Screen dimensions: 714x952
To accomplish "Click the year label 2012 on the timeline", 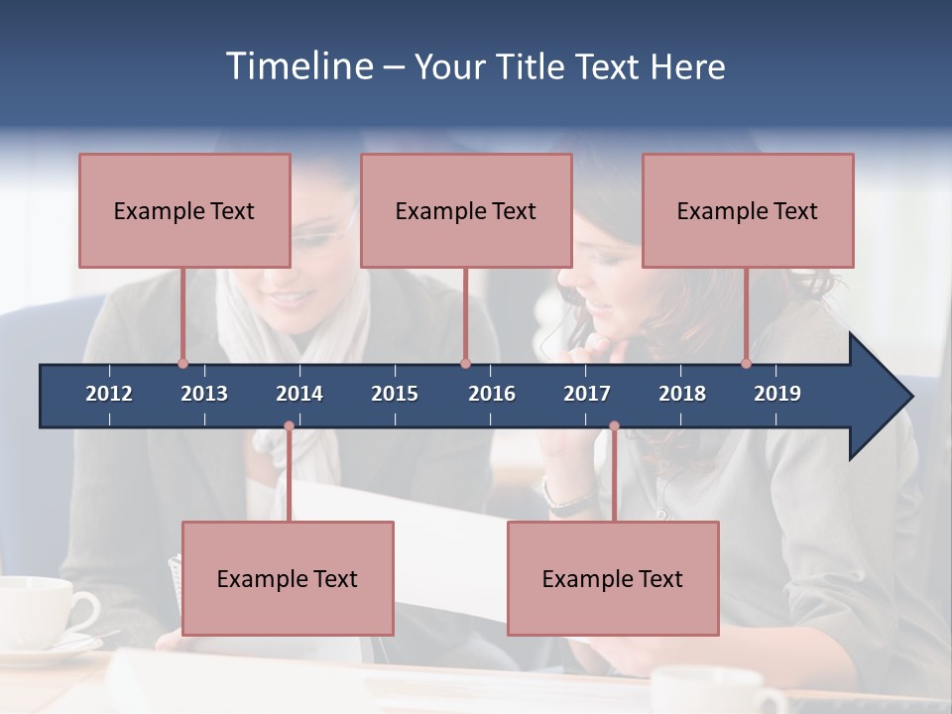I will (109, 394).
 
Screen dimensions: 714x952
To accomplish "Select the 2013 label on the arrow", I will (204, 394).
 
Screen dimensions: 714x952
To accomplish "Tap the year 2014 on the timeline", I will (299, 394).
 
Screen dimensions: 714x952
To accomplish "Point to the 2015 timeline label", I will (395, 394).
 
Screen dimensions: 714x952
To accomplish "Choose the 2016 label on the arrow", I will (492, 394).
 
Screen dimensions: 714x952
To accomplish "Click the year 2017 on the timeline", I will (587, 394).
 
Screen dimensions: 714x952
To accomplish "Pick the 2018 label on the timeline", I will (682, 394).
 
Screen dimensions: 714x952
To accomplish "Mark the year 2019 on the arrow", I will (777, 394).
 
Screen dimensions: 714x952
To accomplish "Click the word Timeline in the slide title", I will (297, 66).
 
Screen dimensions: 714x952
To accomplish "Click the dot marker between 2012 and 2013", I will (182, 363).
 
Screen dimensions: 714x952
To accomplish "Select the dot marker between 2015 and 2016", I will (465, 363).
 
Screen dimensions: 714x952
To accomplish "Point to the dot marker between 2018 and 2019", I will (747, 363).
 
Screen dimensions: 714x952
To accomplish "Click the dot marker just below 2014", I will (289, 426).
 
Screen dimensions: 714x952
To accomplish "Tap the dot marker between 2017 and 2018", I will (614, 426).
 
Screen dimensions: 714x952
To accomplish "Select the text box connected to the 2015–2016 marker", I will (466, 210).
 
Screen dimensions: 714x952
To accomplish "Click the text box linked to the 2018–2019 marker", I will (748, 210).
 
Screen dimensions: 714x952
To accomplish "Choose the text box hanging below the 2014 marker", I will (288, 578).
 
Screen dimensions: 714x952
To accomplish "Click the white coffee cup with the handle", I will (40, 610).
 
